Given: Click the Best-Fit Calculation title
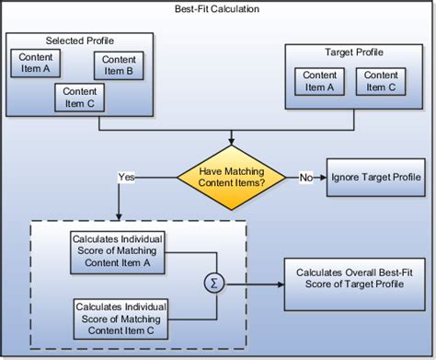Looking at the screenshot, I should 217,8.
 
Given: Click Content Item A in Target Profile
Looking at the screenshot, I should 319,81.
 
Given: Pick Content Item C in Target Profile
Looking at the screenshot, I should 378,81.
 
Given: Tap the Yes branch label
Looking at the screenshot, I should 127,175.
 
